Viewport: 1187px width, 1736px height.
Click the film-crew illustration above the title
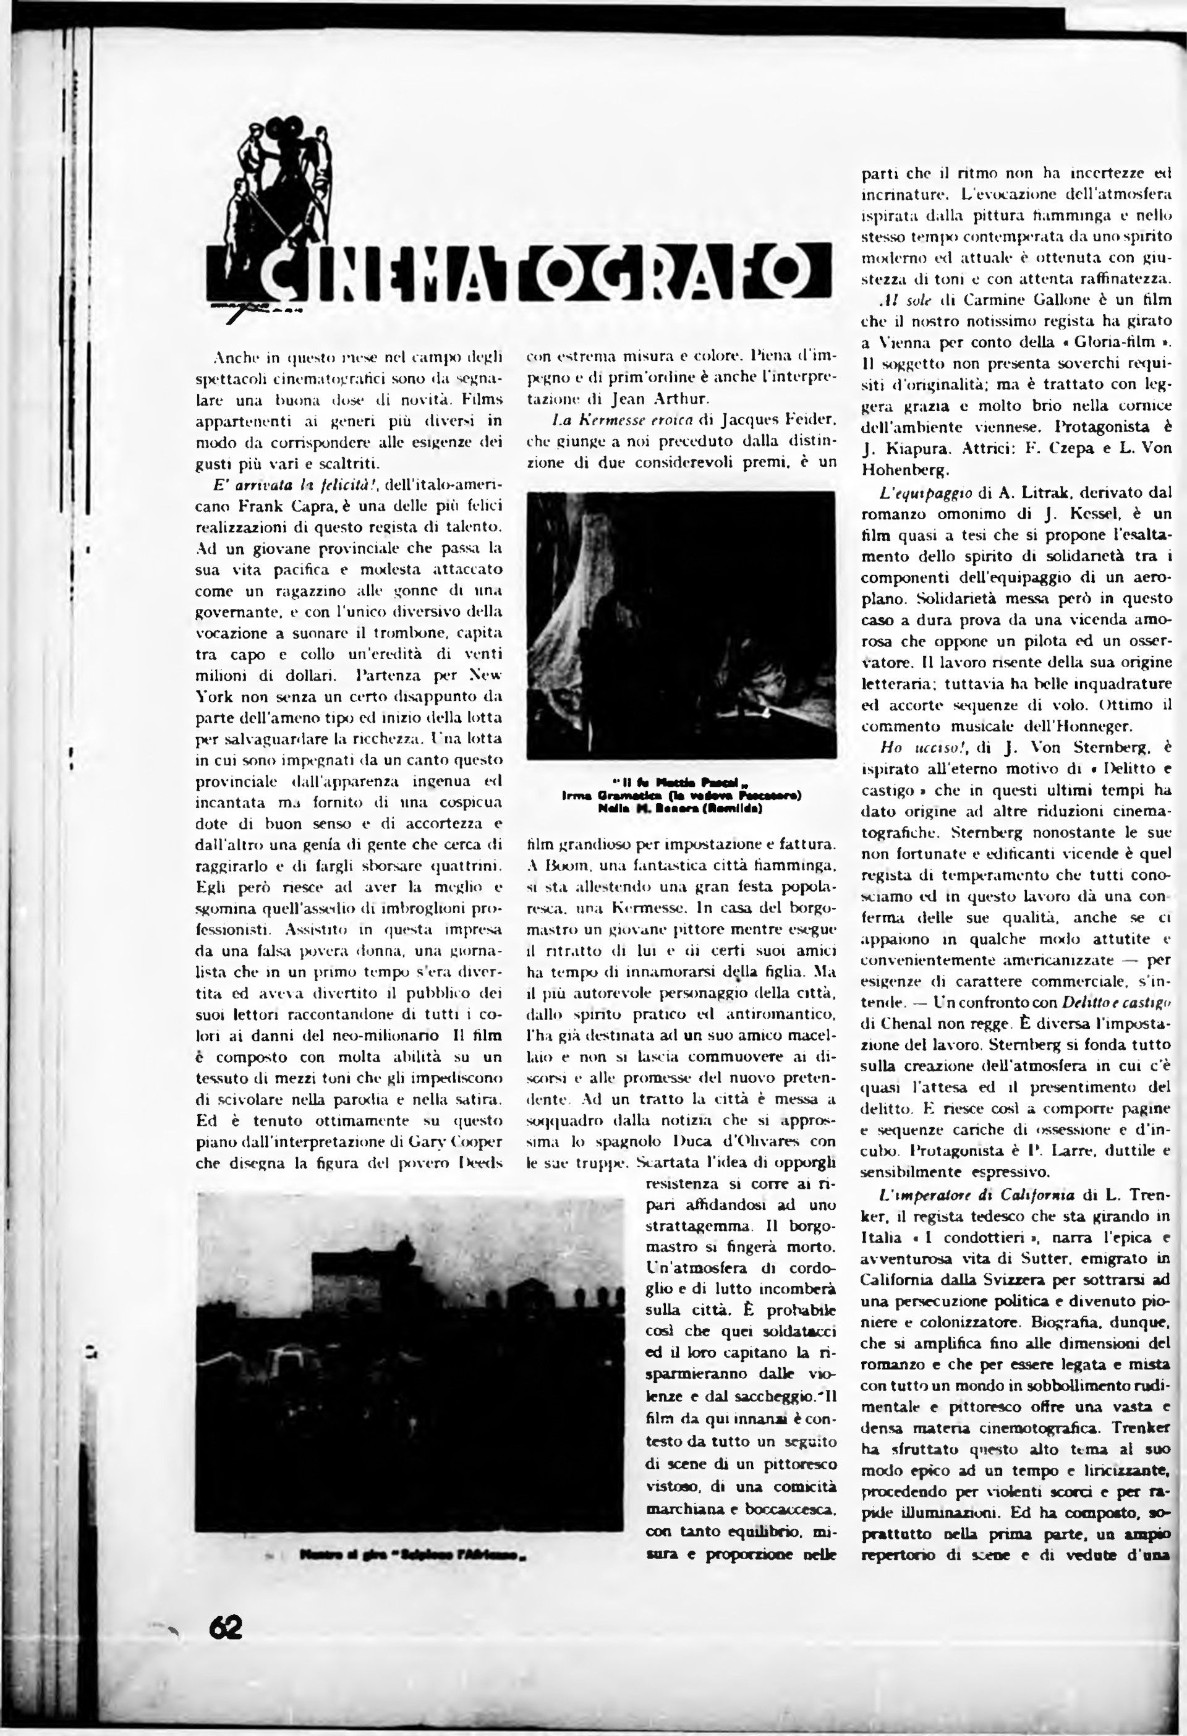[287, 187]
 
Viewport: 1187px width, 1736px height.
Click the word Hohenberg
[905, 470]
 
